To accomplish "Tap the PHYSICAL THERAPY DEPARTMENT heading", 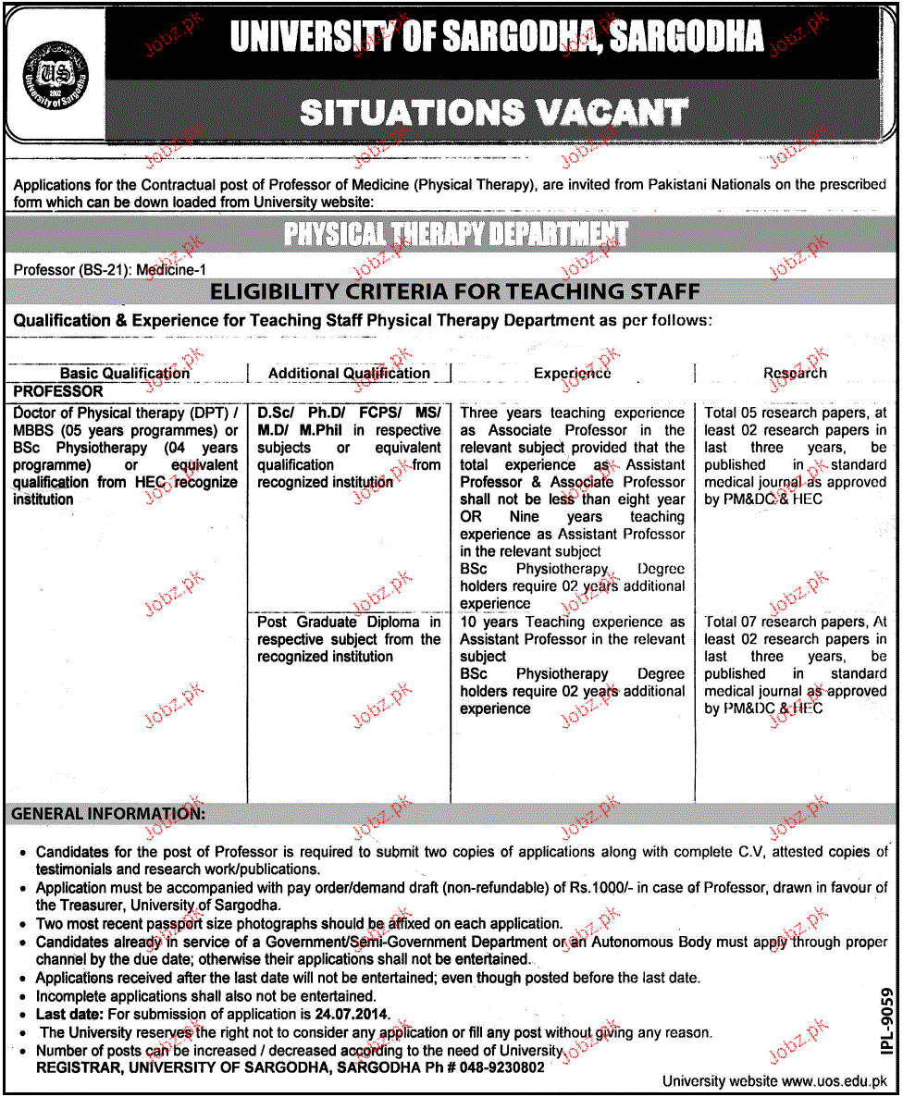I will coord(455,235).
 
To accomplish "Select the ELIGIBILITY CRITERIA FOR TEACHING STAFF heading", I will coord(454,292).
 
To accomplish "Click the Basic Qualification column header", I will coord(125,374).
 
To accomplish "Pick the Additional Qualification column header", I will coord(349,374).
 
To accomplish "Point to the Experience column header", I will coord(572,374).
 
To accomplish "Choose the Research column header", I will coord(795,374).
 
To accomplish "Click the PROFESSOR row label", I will coord(58,392).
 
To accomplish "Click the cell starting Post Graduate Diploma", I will coord(349,639).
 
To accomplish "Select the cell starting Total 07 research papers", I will coord(795,665).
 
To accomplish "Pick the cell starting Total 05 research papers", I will coord(795,456).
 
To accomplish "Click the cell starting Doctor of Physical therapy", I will coord(126,456).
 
